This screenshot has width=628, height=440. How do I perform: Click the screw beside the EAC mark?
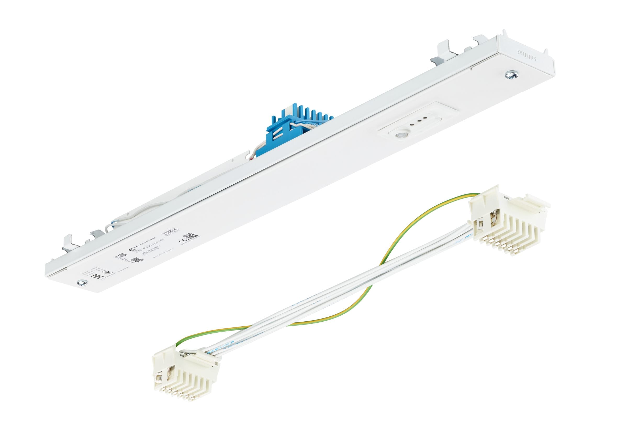tap(81, 282)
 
